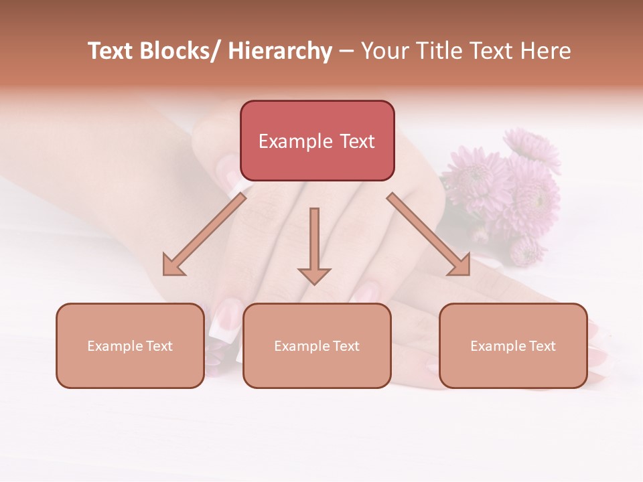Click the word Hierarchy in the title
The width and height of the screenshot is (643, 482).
point(279,51)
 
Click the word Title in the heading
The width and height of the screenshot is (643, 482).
point(443,51)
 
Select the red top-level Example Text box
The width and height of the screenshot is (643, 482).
point(317,141)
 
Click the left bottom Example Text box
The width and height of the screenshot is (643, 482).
point(130,345)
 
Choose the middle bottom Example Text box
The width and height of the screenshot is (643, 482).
point(317,345)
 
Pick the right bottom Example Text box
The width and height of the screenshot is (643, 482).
point(513,345)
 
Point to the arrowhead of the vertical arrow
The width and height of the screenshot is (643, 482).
point(314,275)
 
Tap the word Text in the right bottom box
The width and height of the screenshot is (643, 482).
point(541,346)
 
